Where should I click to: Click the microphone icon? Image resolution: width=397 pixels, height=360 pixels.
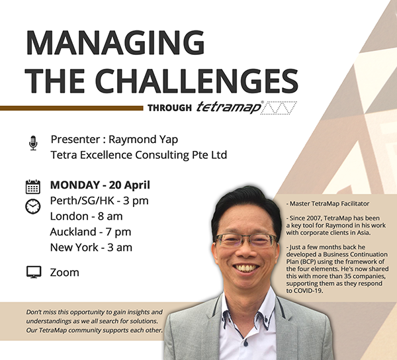33,143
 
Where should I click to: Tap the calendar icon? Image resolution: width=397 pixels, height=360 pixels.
32,186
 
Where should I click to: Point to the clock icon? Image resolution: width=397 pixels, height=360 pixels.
32,206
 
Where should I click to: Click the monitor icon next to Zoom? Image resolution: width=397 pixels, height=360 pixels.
33,272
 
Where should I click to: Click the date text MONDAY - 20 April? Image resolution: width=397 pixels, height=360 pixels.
100,185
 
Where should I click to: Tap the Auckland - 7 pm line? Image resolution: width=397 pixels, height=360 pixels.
90,232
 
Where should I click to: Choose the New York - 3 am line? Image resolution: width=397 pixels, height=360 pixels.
91,247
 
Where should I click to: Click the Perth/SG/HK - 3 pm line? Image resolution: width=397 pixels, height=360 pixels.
99,201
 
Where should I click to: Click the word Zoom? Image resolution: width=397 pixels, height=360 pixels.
64,272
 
